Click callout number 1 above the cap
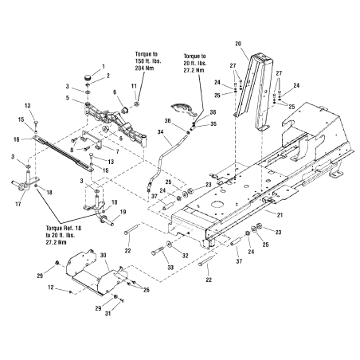click(104, 66)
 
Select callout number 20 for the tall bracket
click(238, 44)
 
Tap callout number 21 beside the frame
click(280, 215)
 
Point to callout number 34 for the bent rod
click(161, 131)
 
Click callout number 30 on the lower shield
click(104, 255)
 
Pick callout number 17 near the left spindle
click(18, 204)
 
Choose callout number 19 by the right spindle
click(123, 212)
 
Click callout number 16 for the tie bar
click(17, 139)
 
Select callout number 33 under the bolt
click(170, 268)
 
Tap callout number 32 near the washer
click(185, 256)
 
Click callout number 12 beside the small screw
click(51, 288)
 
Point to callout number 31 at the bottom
click(108, 314)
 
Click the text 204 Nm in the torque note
click(144, 68)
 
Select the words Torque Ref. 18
click(64, 228)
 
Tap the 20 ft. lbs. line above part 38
click(195, 64)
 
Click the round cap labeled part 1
click(88, 77)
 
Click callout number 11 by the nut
click(134, 86)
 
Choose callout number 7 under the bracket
click(117, 151)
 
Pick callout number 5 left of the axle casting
click(68, 98)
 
